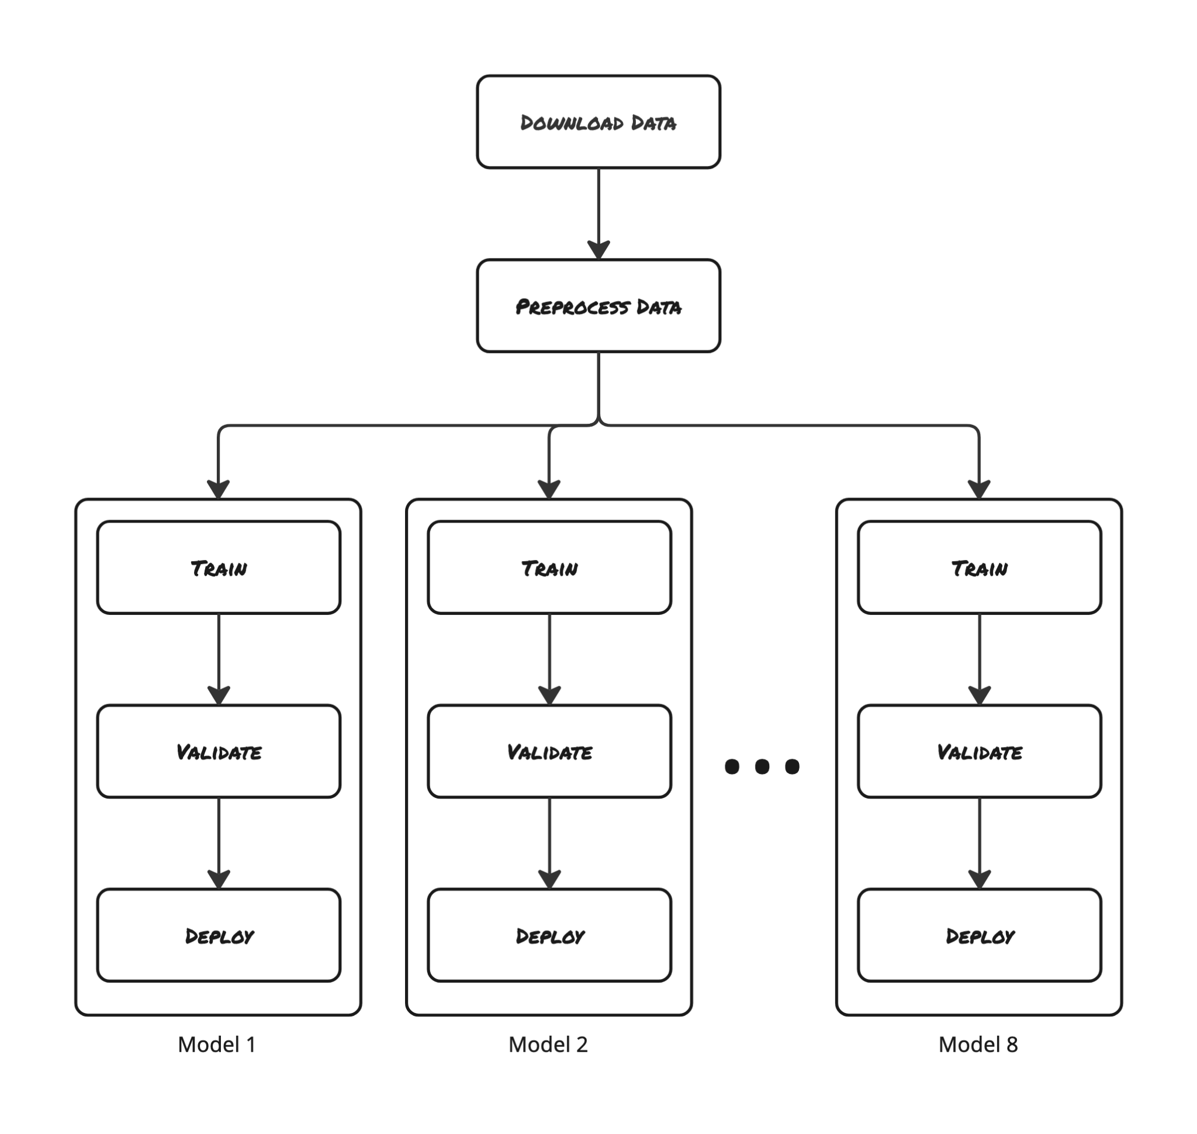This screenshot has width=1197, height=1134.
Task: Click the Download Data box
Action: point(598,122)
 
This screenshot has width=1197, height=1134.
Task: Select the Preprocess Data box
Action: point(598,306)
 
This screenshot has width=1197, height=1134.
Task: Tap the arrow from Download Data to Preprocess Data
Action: point(598,212)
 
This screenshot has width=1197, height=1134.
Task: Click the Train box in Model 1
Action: point(218,568)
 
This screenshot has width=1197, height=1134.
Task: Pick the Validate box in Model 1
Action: point(218,751)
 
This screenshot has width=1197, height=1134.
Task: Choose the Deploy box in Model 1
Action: point(218,935)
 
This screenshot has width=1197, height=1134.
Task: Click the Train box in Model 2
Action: point(549,568)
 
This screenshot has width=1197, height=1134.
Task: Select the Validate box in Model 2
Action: point(549,751)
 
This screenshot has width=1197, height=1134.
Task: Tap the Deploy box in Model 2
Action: point(549,935)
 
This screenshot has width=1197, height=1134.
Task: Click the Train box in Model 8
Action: point(979,568)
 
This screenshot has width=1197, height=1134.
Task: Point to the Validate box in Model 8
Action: point(979,751)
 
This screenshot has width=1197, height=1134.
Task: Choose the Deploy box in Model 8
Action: point(979,935)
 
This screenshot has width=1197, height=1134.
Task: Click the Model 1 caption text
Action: point(216,1045)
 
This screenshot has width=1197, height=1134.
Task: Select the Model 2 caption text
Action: point(548,1045)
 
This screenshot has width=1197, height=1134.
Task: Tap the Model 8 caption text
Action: point(978,1045)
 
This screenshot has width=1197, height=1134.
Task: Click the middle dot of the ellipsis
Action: point(762,766)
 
